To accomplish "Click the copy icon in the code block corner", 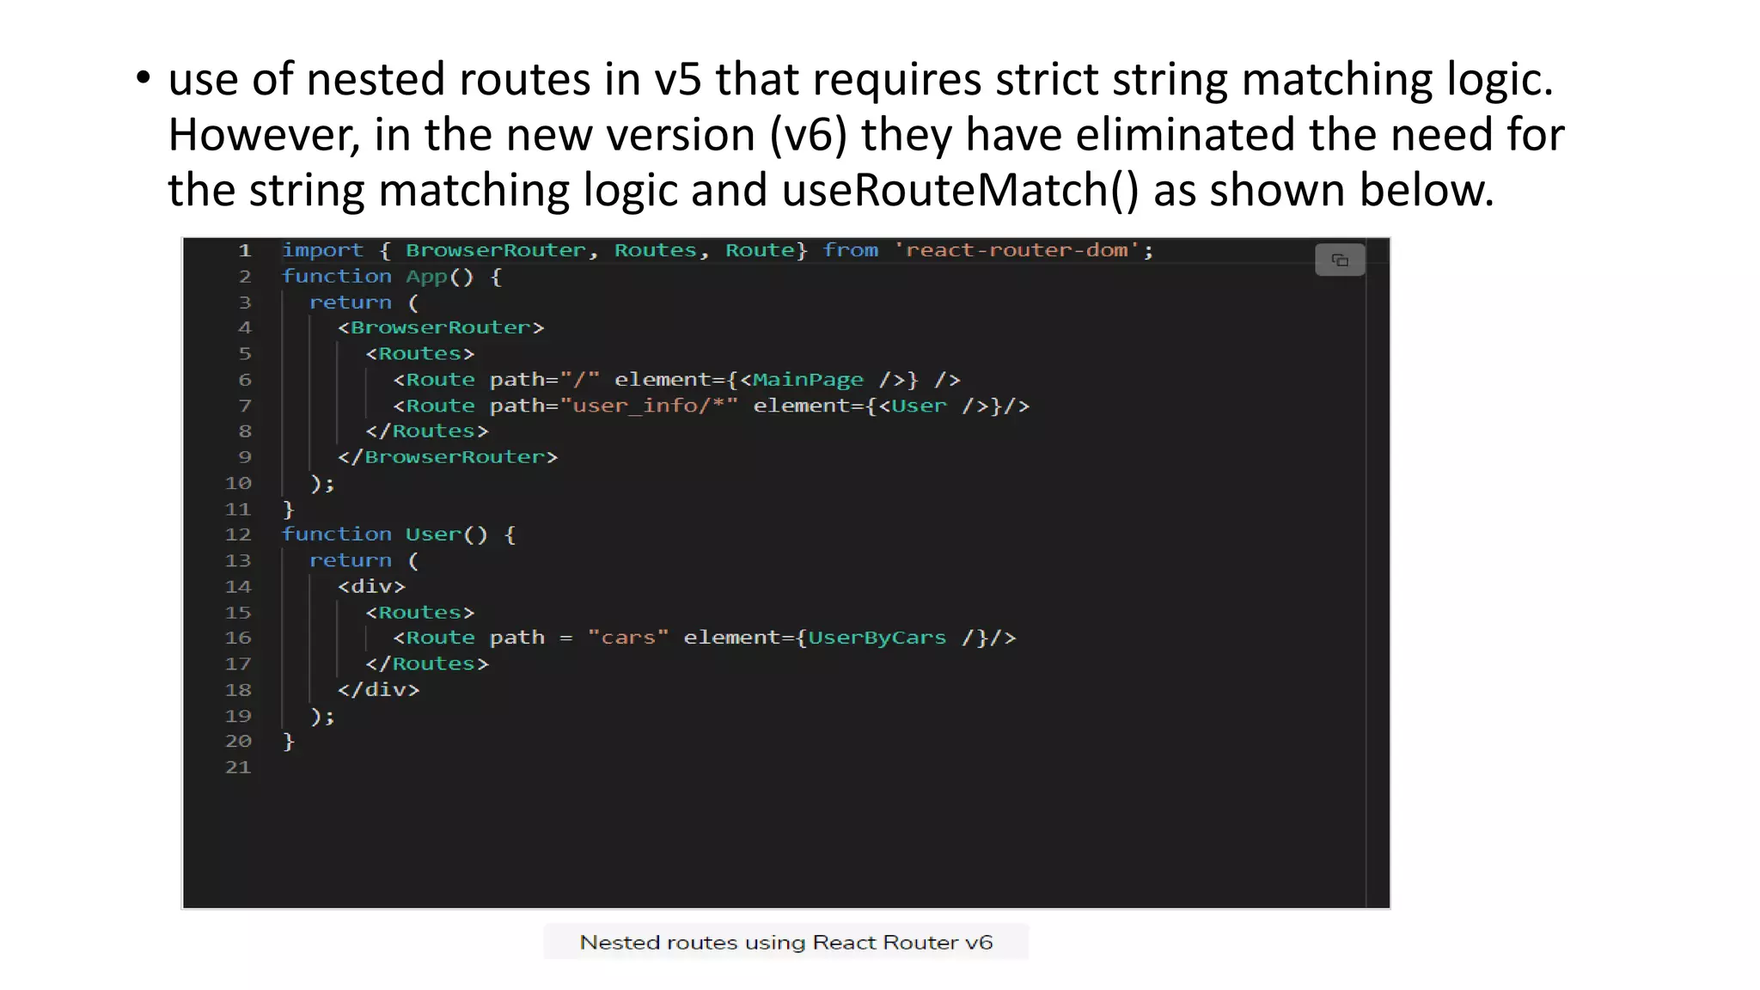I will click(1339, 260).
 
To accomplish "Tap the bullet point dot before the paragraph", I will click(143, 80).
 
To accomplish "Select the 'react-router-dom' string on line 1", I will click(1017, 250).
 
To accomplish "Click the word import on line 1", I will click(322, 250).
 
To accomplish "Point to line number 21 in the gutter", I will click(238, 767).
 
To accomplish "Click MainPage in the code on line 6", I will click(808, 380).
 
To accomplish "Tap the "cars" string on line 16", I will click(628, 638).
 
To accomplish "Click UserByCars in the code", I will click(877, 638).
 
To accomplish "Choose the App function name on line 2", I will click(426, 277).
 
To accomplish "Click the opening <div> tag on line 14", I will click(371, 586).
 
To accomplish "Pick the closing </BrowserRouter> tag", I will click(448, 457).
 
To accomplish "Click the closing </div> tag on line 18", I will click(378, 690).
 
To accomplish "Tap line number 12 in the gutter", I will click(238, 535).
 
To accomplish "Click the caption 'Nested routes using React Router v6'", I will click(785, 943).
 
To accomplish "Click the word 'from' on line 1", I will click(850, 250).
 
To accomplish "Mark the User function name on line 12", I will click(433, 535).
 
